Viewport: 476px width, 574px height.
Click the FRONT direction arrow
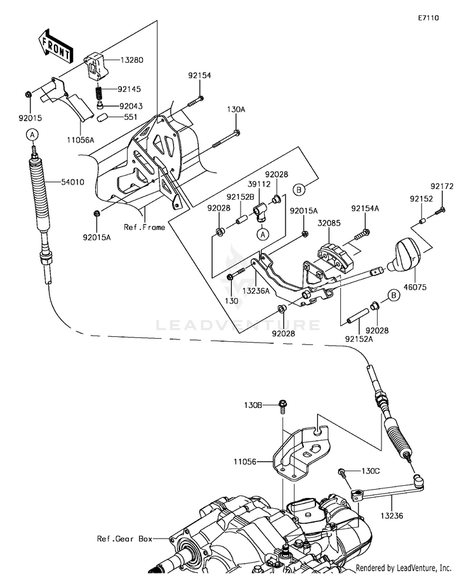coord(56,46)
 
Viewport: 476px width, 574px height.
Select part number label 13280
coord(132,60)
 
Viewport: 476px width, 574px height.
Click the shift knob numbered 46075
coord(404,255)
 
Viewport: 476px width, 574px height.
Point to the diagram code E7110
coord(428,18)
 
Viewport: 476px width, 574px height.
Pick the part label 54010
coord(72,182)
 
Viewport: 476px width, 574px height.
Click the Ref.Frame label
coord(144,227)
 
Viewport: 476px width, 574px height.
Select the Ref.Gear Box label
coord(124,538)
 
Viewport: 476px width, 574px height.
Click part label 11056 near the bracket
coord(245,462)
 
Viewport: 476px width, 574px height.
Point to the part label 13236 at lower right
coord(392,516)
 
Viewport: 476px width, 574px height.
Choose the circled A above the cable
coord(32,134)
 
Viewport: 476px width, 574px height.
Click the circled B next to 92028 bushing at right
coord(394,295)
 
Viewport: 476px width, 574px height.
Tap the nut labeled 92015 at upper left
coord(29,95)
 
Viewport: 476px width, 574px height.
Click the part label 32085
coord(329,223)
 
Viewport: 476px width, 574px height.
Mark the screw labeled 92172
coord(440,211)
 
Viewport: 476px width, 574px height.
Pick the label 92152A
coord(359,339)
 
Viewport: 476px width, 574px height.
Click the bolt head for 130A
coord(237,133)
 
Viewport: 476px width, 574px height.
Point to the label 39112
coord(259,185)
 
